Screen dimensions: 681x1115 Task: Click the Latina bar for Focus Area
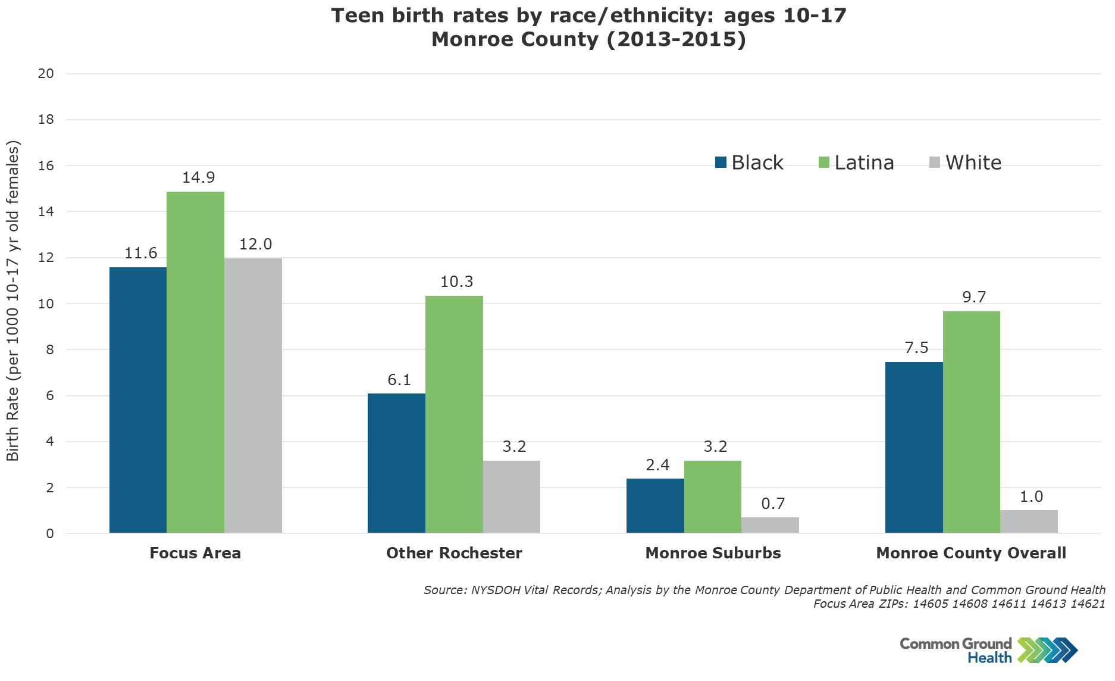pos(195,362)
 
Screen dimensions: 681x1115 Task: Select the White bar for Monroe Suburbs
pos(770,525)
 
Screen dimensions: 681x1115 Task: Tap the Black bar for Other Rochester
pos(396,463)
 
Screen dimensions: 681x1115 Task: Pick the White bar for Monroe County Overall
pos(1029,521)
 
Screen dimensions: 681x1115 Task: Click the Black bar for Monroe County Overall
pos(914,447)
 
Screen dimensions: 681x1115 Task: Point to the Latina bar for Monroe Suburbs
pos(713,496)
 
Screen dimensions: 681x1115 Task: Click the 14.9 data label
pos(199,177)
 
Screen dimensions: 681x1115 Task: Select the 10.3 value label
pos(456,282)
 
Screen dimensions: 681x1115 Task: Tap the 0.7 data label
pos(773,504)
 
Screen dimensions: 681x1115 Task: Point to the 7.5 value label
pos(916,348)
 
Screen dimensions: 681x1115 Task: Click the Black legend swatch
pos(721,163)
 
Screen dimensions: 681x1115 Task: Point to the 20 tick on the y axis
pos(46,74)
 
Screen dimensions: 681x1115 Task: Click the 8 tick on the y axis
pos(50,350)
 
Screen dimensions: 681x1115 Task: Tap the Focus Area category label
pos(195,553)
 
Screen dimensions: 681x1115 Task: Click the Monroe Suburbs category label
pos(713,553)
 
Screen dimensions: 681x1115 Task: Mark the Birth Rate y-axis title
pos(13,301)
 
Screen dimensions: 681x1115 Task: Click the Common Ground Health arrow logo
pos(1047,650)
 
